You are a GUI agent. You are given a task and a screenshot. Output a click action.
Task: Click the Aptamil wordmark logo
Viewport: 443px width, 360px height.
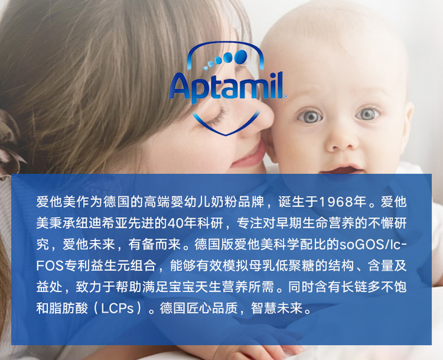pyautogui.click(x=226, y=86)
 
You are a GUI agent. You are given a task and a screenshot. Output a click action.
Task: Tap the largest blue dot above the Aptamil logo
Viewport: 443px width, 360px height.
pyautogui.click(x=241, y=56)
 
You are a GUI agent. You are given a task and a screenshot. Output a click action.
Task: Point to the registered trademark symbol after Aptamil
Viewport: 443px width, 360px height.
pyautogui.click(x=286, y=97)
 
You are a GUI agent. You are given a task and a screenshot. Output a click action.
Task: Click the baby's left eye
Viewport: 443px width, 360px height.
pyautogui.click(x=367, y=114)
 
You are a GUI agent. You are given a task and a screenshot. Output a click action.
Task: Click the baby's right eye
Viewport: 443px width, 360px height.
pyautogui.click(x=310, y=116)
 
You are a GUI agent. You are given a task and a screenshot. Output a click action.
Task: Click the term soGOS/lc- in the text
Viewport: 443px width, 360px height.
pyautogui.click(x=373, y=245)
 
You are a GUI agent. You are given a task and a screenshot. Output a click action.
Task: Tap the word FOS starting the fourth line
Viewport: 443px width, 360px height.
pyautogui.click(x=50, y=266)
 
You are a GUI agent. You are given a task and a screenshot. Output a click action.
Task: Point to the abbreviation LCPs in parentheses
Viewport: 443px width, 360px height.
pyautogui.click(x=117, y=308)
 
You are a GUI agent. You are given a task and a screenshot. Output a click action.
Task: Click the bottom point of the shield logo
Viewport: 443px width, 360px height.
pyautogui.click(x=226, y=135)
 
